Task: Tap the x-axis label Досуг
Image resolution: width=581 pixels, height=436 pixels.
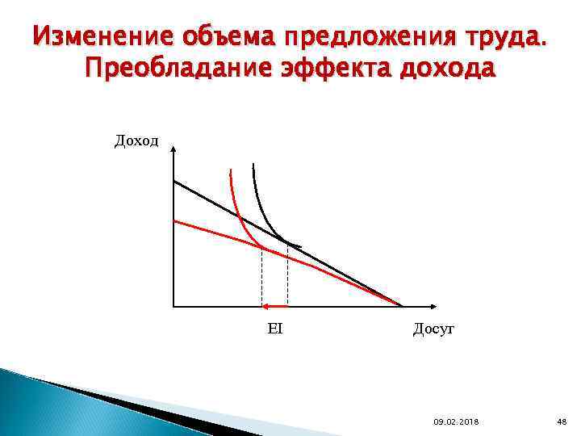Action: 434,329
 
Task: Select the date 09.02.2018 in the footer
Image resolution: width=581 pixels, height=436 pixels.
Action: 456,421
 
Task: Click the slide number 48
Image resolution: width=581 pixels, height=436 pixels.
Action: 562,421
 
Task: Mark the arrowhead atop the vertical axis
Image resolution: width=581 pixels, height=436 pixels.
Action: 173,150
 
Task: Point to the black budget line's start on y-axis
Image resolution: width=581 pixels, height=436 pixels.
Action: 174,181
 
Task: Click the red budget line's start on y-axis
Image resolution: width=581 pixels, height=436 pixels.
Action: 174,220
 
